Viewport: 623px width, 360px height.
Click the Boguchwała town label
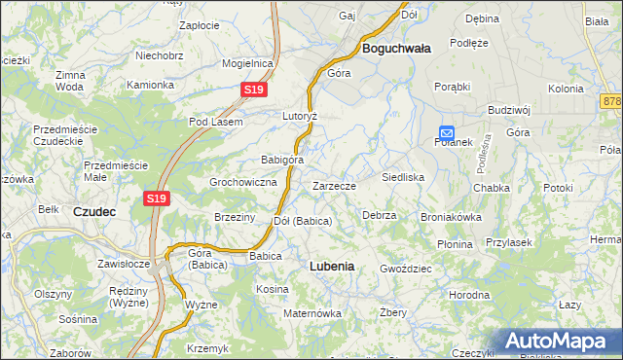pos(397,48)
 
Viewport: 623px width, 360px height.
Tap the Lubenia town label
pos(331,266)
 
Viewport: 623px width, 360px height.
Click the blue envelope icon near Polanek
pos(446,133)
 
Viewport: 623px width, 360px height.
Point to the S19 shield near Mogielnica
pos(253,90)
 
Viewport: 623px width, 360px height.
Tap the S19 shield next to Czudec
pos(157,198)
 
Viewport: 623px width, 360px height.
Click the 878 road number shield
pos(611,101)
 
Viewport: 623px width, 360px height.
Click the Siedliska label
pos(403,178)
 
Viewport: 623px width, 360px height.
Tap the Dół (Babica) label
pos(303,222)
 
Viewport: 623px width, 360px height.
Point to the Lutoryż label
pos(300,115)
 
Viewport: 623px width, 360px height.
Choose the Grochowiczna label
pos(244,182)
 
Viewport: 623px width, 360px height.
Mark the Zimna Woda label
pos(70,81)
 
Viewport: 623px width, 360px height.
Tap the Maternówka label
pos(311,313)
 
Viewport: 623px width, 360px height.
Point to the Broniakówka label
pos(451,218)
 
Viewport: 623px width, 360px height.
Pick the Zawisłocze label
pos(123,264)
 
